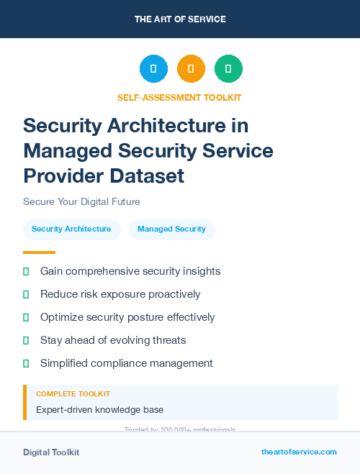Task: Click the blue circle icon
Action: tap(153, 69)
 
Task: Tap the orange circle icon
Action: tap(191, 69)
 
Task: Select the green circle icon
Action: tap(228, 69)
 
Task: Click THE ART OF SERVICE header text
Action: tap(180, 19)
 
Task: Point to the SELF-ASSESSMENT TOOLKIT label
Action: tap(179, 97)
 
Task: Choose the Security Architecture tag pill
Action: tap(71, 229)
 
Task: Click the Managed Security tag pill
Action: tap(171, 229)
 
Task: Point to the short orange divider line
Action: tap(39, 252)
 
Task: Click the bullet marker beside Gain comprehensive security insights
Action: tap(26, 271)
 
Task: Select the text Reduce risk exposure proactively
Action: tap(120, 294)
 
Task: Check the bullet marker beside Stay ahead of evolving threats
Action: tap(26, 340)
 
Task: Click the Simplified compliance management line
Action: tap(126, 363)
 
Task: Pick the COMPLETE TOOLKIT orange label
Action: tap(73, 394)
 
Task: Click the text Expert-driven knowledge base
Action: tap(99, 410)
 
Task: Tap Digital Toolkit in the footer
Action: tap(51, 452)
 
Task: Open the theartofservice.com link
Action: tap(299, 452)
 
